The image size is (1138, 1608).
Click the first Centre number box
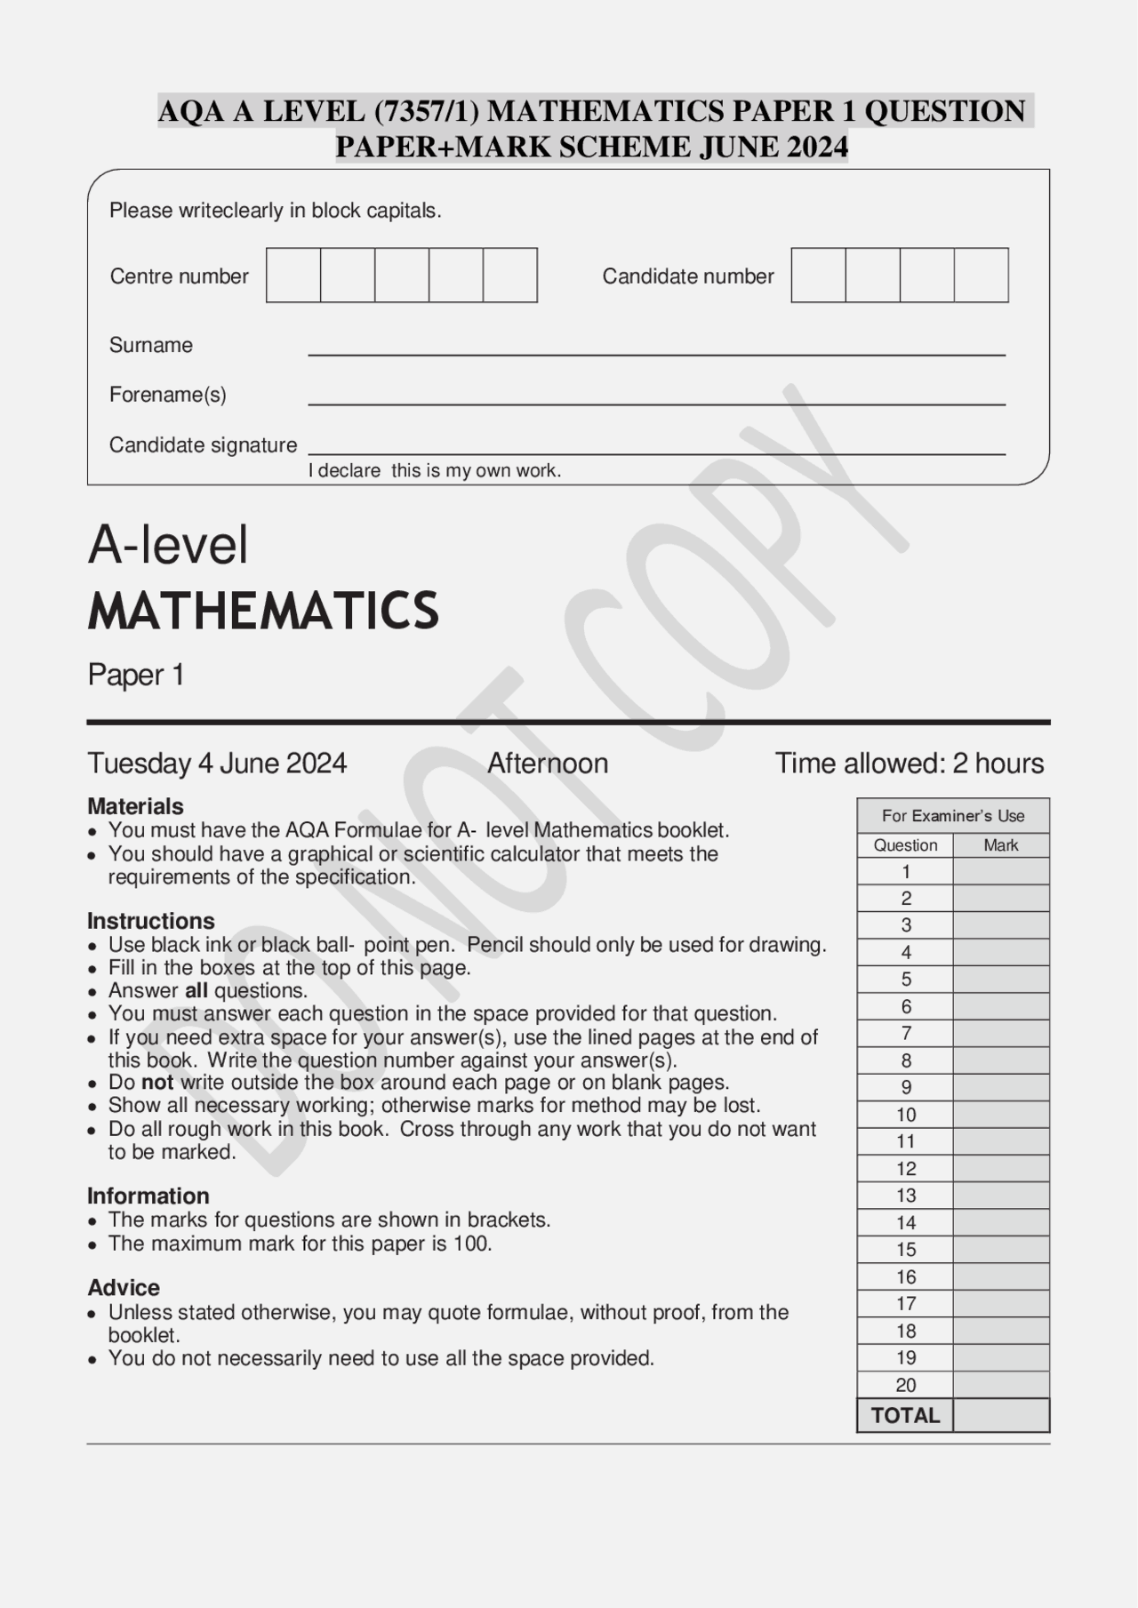pos(293,276)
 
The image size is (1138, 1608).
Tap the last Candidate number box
pos(981,276)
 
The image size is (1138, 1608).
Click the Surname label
pos(150,345)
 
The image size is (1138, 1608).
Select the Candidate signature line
pos(656,453)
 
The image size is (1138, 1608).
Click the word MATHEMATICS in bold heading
pos(263,611)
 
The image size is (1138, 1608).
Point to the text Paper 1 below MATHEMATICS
pos(136,675)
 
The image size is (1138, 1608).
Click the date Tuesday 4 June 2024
pos(217,764)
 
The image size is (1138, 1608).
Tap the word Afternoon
pos(548,764)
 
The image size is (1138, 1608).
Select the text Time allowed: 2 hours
pos(909,764)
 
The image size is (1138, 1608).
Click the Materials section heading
pos(135,806)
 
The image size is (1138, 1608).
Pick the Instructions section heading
pos(151,921)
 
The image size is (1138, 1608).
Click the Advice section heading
pos(124,1288)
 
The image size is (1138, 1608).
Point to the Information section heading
pos(148,1196)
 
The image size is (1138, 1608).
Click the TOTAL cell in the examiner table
pos(905,1415)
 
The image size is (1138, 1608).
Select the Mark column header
pos(1000,845)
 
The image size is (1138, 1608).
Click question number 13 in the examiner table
pos(905,1196)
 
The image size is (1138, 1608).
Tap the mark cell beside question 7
pos(1000,1034)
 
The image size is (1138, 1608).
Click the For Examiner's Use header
pos(952,816)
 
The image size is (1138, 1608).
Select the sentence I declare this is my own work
pos(435,471)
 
